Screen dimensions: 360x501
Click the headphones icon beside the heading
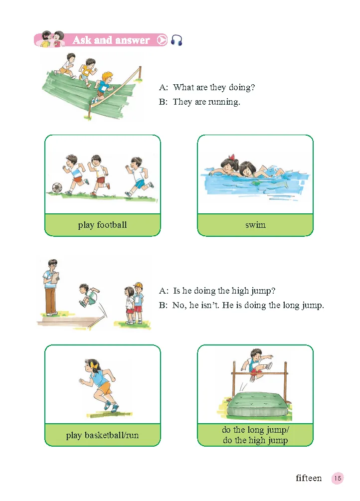177,40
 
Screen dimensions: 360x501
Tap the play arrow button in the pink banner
162,40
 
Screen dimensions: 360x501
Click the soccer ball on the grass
57,188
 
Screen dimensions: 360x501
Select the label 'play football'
102,225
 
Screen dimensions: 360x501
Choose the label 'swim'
255,225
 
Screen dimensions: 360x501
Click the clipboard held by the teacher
56,277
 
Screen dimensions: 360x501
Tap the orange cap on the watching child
138,285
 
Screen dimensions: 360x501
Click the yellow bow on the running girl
93,364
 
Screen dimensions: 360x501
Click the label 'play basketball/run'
102,435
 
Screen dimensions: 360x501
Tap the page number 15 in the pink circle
338,478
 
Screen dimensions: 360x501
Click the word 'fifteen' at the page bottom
309,478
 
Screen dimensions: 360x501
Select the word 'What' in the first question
183,87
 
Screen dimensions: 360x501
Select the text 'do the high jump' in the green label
255,440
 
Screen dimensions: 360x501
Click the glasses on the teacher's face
53,265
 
